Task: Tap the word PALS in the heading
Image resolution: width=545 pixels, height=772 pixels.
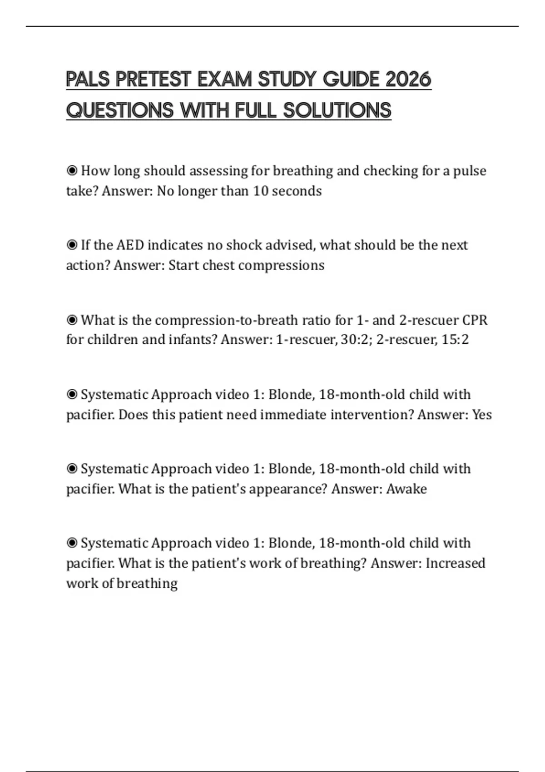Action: click(88, 79)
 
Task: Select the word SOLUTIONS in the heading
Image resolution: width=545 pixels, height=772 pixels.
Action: click(337, 110)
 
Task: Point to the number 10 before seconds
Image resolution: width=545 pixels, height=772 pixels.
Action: click(261, 191)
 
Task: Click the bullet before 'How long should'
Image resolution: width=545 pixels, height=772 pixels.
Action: click(72, 171)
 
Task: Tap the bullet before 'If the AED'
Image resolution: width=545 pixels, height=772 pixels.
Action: click(72, 245)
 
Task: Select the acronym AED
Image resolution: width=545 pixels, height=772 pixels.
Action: click(130, 245)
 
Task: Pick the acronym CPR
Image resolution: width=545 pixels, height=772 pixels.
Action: click(475, 320)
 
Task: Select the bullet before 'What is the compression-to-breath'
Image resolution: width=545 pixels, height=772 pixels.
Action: click(72, 320)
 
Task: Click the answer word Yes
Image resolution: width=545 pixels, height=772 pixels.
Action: click(482, 415)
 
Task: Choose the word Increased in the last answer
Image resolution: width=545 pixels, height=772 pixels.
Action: click(455, 563)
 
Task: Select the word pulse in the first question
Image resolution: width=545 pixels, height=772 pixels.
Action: click(470, 171)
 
